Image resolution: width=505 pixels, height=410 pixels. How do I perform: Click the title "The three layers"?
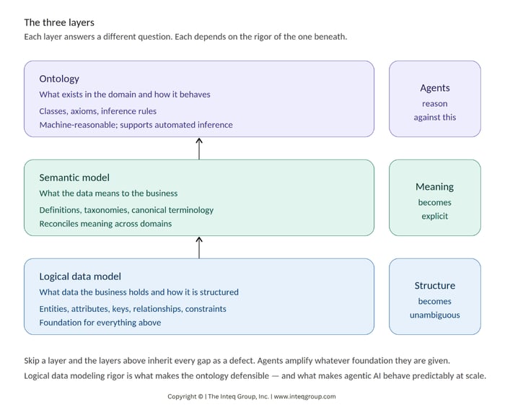pos(59,22)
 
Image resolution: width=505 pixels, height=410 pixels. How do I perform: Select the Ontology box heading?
pos(60,79)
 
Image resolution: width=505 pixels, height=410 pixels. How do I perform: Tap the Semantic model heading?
pos(75,178)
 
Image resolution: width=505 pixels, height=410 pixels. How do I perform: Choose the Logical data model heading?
pos(80,276)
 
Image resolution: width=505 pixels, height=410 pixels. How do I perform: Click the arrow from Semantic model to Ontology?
pos(199,148)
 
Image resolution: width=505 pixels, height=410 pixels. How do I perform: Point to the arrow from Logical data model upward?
pos(199,247)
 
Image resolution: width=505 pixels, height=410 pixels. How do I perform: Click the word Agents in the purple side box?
pos(435,88)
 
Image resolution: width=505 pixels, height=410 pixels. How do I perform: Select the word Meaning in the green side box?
pos(435,187)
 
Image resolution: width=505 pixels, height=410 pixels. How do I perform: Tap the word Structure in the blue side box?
pos(435,286)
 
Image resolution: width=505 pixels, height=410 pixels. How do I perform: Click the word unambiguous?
pos(435,315)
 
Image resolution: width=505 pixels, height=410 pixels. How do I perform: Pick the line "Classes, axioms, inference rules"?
pos(98,111)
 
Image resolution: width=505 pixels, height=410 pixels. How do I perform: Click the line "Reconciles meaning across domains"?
pos(106,224)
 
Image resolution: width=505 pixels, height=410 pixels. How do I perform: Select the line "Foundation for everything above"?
pos(100,323)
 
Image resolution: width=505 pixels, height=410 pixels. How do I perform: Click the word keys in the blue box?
pos(122,309)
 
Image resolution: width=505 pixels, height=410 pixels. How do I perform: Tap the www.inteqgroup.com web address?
pos(304,396)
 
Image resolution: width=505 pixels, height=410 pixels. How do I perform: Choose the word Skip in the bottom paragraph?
pos(33,360)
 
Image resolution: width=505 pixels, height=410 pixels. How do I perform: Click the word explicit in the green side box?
pos(435,216)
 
